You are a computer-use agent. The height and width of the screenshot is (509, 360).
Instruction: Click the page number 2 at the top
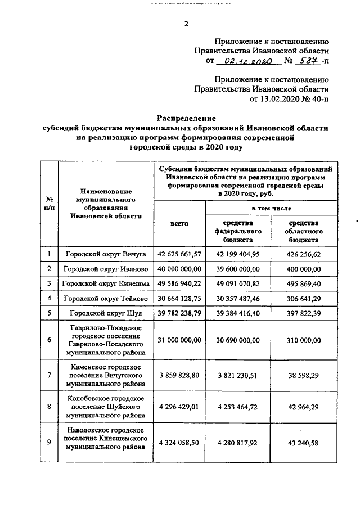[186, 24]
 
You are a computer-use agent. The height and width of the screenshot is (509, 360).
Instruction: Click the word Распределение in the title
[186, 119]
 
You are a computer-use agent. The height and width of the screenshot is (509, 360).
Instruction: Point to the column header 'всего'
[179, 224]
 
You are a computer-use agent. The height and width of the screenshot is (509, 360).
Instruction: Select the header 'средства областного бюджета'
[304, 231]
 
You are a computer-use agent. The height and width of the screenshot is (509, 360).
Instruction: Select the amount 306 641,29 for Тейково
[304, 298]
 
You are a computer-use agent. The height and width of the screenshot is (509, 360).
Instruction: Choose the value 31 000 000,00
[179, 340]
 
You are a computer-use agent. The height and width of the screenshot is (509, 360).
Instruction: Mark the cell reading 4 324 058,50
[179, 443]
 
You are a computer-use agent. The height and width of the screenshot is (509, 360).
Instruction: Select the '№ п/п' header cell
[49, 204]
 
